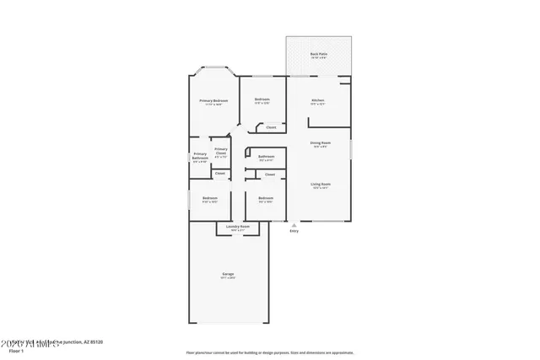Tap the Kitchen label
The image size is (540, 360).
pos(317,100)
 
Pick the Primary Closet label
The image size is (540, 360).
pos(221,152)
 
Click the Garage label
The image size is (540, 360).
pos(228,275)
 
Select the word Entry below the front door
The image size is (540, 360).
pos(294,231)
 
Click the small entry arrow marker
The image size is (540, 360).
pos(294,225)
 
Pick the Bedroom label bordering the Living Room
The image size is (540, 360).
pos(266,199)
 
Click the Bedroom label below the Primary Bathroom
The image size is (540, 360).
pos(209,199)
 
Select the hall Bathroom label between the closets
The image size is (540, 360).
pos(266,157)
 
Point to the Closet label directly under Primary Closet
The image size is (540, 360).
pos(219,173)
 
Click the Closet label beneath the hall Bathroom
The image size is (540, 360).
pos(270,175)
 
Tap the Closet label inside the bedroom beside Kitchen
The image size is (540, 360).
pos(270,127)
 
